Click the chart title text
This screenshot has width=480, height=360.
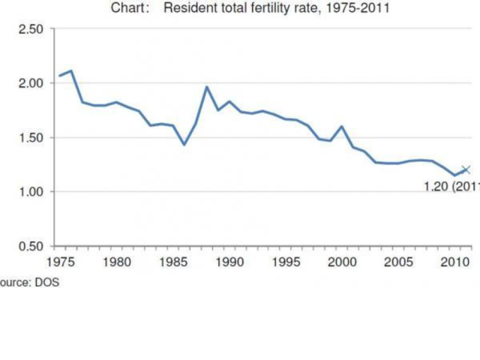[250, 9]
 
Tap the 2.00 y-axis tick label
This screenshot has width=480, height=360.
[34, 83]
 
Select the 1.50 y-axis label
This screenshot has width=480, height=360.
[34, 137]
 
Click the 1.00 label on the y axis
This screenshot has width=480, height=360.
[34, 192]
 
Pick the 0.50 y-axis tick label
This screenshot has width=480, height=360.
[34, 246]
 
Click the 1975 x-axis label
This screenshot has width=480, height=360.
[58, 262]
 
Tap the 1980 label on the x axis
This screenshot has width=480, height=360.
[115, 262]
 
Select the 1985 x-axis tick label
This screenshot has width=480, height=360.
[172, 262]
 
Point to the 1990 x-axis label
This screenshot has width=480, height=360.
[229, 262]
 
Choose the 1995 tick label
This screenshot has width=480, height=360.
[286, 262]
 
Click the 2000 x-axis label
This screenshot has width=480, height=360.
[342, 262]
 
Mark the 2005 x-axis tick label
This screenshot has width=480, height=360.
[399, 262]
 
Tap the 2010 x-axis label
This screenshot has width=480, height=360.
[455, 262]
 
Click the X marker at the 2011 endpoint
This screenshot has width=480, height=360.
[466, 169]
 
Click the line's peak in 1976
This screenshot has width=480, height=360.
[71, 71]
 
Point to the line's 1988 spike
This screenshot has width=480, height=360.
[207, 87]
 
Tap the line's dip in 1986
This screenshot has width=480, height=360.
[184, 144]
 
